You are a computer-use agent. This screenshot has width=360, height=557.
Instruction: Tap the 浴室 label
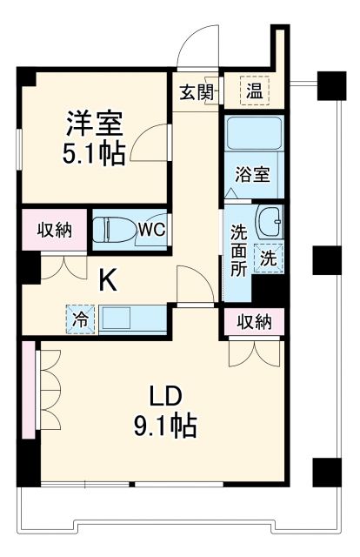pos(254,172)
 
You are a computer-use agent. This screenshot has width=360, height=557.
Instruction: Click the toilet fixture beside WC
pos(116,230)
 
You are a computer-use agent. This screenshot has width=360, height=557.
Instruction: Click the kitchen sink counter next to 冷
pos(131,319)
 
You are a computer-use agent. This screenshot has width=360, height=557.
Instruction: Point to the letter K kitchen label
pos(107,280)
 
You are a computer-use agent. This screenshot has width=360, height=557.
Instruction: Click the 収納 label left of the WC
pos(54,230)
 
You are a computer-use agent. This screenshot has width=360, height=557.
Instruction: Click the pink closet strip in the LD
pos(29,391)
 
